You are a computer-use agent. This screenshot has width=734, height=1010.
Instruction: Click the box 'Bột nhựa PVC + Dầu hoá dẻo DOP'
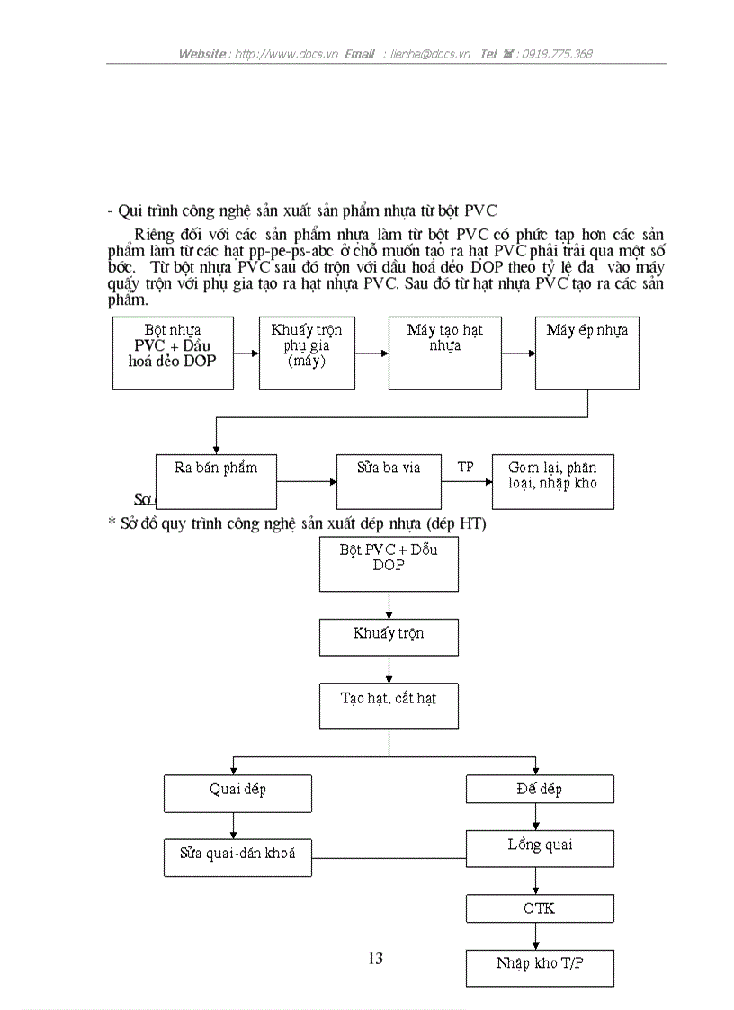(173, 353)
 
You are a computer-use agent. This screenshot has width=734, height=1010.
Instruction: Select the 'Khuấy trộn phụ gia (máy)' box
(307, 353)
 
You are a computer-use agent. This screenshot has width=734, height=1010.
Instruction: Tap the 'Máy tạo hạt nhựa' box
(445, 353)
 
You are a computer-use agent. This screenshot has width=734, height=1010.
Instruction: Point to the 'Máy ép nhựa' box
(587, 353)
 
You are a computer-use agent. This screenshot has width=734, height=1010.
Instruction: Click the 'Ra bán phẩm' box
(215, 482)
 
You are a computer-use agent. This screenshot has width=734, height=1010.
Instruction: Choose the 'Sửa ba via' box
(388, 482)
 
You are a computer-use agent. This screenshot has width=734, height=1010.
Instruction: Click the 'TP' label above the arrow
(465, 467)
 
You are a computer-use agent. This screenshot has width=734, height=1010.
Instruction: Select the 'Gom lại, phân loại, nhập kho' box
(552, 482)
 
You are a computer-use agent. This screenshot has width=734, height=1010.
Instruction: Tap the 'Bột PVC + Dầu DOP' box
(389, 564)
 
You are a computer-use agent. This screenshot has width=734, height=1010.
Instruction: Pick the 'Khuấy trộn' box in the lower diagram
(389, 637)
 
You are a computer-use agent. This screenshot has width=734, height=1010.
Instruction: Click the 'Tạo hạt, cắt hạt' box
(389, 705)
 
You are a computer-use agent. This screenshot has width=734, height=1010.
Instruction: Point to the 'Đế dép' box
(540, 790)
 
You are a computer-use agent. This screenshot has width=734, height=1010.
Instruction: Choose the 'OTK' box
(540, 908)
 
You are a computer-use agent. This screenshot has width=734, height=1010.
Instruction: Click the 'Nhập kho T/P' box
(540, 968)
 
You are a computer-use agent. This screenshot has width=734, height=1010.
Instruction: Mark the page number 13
(376, 959)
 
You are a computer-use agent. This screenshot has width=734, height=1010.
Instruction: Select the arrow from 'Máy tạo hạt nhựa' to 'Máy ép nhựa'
(518, 353)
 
